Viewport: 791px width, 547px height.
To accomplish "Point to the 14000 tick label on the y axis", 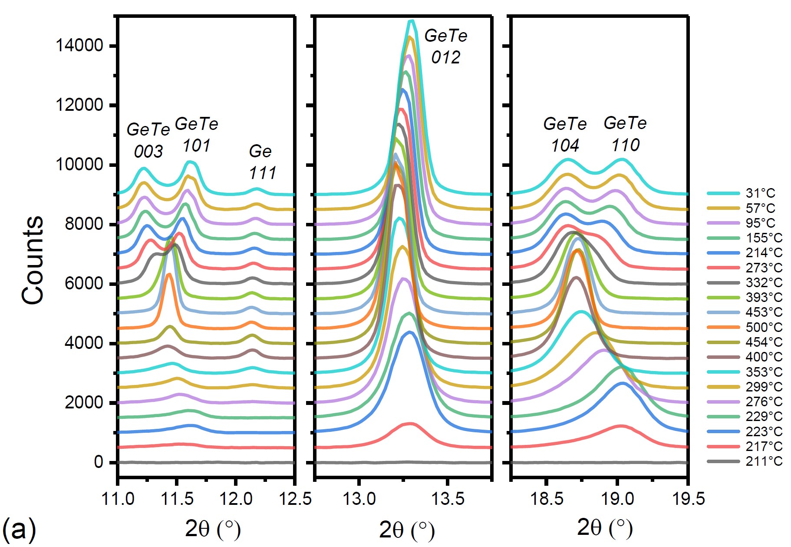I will coord(79,45).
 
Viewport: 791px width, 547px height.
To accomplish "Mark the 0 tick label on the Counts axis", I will coord(99,462).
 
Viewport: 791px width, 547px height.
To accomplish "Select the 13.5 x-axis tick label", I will coord(447,498).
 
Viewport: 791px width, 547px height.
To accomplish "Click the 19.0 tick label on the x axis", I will coord(617,498).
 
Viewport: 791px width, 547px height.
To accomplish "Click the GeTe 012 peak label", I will coord(446,46).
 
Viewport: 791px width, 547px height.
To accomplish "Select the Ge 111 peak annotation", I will coord(262,162).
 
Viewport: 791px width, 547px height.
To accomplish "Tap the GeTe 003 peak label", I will coord(148,140).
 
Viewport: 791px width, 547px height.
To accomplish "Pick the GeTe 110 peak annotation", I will coord(625,134).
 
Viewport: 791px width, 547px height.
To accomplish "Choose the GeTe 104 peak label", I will coord(565,135).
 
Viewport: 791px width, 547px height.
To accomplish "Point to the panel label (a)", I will coord(19,529).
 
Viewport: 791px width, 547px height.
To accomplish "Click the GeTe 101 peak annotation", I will coord(196,135).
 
